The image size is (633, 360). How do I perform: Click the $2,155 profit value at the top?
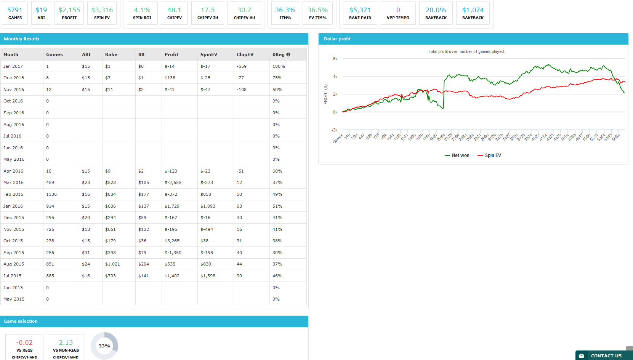pyautogui.click(x=69, y=10)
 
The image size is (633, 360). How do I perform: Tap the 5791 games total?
pyautogui.click(x=15, y=10)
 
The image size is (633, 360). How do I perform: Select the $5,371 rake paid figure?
pyautogui.click(x=360, y=10)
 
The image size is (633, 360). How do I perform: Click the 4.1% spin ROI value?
pyautogui.click(x=142, y=10)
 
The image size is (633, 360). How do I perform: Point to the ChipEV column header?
pyautogui.click(x=245, y=54)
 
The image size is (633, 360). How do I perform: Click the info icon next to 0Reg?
pyautogui.click(x=288, y=54)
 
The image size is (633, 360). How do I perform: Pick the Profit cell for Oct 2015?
pyautogui.click(x=172, y=241)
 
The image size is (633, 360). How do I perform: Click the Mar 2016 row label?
pyautogui.click(x=13, y=182)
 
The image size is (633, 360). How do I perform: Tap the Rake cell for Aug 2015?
pyautogui.click(x=112, y=264)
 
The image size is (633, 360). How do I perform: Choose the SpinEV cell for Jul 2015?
pyautogui.click(x=208, y=276)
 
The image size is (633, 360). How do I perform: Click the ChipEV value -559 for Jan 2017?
pyautogui.click(x=242, y=66)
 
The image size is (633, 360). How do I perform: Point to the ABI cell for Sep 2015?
pyautogui.click(x=86, y=253)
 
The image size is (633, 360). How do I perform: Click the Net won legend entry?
pyautogui.click(x=457, y=155)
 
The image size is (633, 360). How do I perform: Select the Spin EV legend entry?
pyautogui.click(x=489, y=155)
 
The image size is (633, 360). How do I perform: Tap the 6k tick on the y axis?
pyautogui.click(x=335, y=59)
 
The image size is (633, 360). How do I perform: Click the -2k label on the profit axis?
pyautogui.click(x=334, y=130)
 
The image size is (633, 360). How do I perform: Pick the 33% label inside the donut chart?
pyautogui.click(x=104, y=346)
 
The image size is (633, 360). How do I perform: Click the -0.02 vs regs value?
pyautogui.click(x=24, y=342)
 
